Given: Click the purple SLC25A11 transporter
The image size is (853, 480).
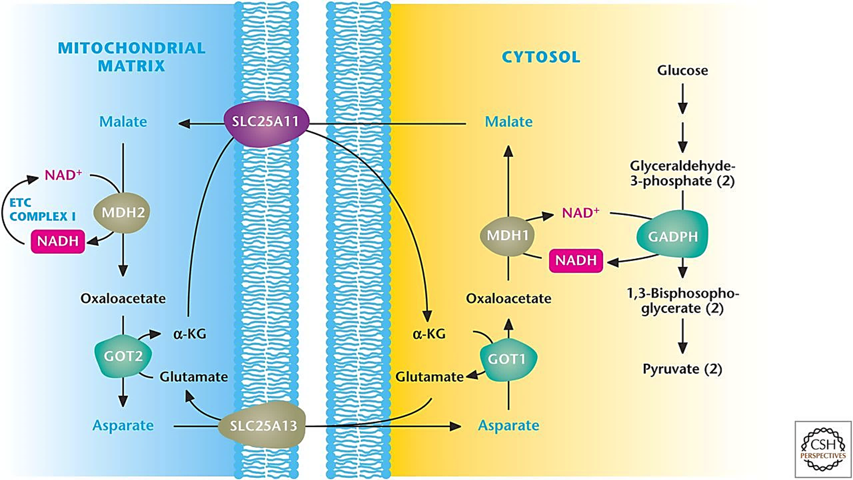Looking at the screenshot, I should (265, 122).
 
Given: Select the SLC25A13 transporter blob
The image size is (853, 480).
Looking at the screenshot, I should (263, 426).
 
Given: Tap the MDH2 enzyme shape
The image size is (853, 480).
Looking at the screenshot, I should (122, 213).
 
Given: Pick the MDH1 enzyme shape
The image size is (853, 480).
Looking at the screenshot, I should (507, 235).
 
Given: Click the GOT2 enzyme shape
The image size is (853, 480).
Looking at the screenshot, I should (123, 356).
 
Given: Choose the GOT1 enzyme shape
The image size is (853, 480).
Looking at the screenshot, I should (508, 359).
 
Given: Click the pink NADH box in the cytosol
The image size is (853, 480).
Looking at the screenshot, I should (576, 260).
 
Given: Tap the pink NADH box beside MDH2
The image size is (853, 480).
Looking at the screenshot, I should (58, 241).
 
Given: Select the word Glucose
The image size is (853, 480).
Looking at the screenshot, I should (682, 70).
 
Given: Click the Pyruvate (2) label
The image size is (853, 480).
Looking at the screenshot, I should (682, 369).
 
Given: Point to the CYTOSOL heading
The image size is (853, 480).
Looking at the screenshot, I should (541, 57).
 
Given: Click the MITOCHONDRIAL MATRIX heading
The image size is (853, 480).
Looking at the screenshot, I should (132, 57).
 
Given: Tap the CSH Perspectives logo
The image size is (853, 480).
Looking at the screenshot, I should (823, 449).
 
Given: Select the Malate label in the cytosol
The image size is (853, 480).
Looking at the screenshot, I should (508, 121).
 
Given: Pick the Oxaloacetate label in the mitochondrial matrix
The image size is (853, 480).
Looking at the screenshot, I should (123, 298).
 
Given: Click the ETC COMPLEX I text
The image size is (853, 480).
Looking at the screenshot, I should (42, 210).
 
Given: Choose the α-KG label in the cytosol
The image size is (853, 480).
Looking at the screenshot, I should (429, 334).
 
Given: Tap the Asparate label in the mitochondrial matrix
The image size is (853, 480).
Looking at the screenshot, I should (123, 425).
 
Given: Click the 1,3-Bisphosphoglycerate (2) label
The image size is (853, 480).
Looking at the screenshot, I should (682, 301).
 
